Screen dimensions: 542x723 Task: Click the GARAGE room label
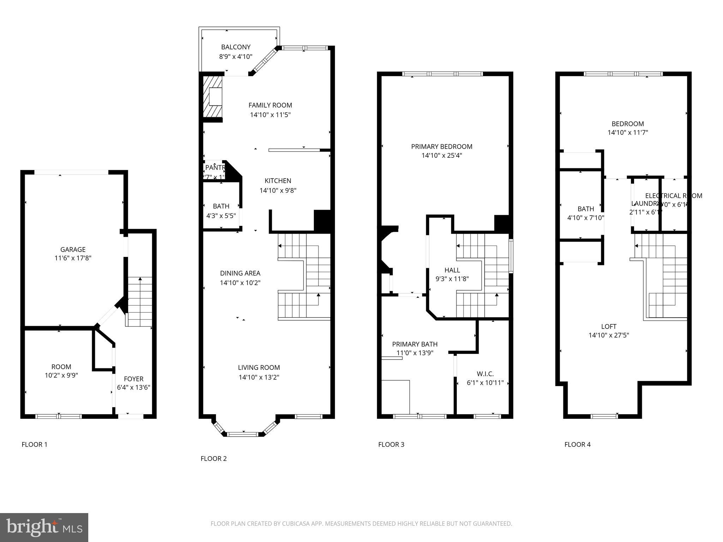[x=73, y=249]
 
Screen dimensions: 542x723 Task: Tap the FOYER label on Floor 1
[x=133, y=379]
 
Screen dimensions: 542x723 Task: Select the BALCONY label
[x=236, y=47]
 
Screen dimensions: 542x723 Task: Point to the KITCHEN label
[x=278, y=181]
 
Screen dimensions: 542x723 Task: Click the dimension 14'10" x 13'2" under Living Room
[x=259, y=377]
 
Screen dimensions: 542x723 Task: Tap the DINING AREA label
[x=240, y=273]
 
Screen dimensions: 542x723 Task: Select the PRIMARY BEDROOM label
[x=442, y=146]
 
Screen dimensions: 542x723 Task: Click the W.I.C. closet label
[x=485, y=374]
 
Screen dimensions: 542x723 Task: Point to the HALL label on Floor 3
[x=452, y=270]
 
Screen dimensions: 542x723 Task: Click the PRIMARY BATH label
[x=415, y=344]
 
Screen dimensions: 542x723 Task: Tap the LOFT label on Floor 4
[x=609, y=326]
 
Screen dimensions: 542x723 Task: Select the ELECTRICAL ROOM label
[x=674, y=195]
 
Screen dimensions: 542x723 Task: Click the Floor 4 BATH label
[x=586, y=209]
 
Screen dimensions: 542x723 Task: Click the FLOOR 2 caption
[x=214, y=458]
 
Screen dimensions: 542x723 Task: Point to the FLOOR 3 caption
[x=391, y=444]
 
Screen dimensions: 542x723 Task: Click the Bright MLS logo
[x=44, y=528]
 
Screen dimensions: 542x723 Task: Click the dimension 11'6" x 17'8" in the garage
[x=73, y=258]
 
